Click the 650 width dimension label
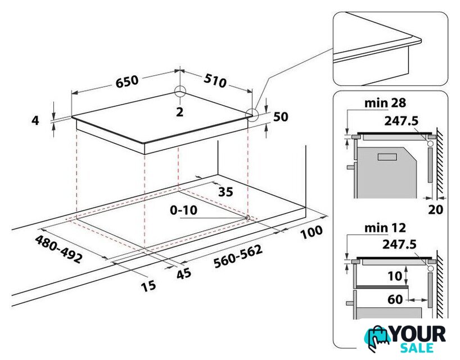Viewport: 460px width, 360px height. tap(127, 82)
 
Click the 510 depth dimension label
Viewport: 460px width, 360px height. tap(215, 80)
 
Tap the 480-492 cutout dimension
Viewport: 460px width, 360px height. tap(58, 249)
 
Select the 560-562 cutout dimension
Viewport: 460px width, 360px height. tap(238, 256)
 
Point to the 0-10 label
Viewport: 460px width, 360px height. tap(184, 210)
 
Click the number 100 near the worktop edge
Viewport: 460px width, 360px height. tap(311, 232)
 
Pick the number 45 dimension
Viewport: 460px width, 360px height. tap(184, 273)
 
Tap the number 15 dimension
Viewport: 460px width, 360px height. tap(148, 286)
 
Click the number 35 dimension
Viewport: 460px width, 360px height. tap(226, 192)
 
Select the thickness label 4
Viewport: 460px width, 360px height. tap(35, 120)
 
